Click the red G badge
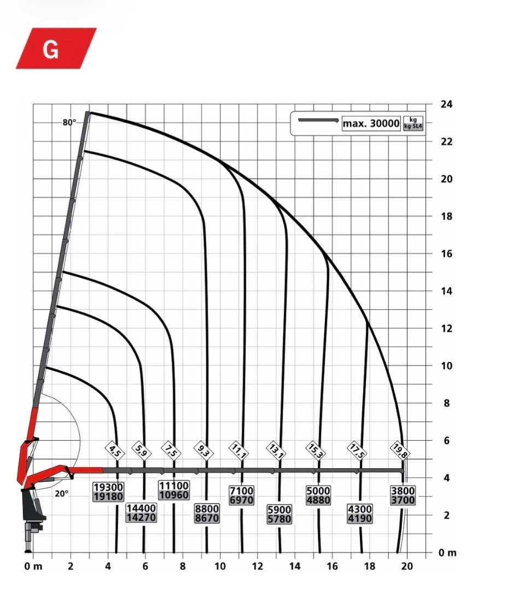pos(56,48)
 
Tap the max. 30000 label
pos(371,123)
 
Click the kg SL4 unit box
pos(413,123)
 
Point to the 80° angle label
pos(69,122)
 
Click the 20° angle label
pos(62,493)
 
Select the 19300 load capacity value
pos(108,487)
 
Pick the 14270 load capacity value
pos(141,518)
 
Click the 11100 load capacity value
pos(173,486)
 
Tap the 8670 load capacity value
pos(207,518)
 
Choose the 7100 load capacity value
pos(241,491)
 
